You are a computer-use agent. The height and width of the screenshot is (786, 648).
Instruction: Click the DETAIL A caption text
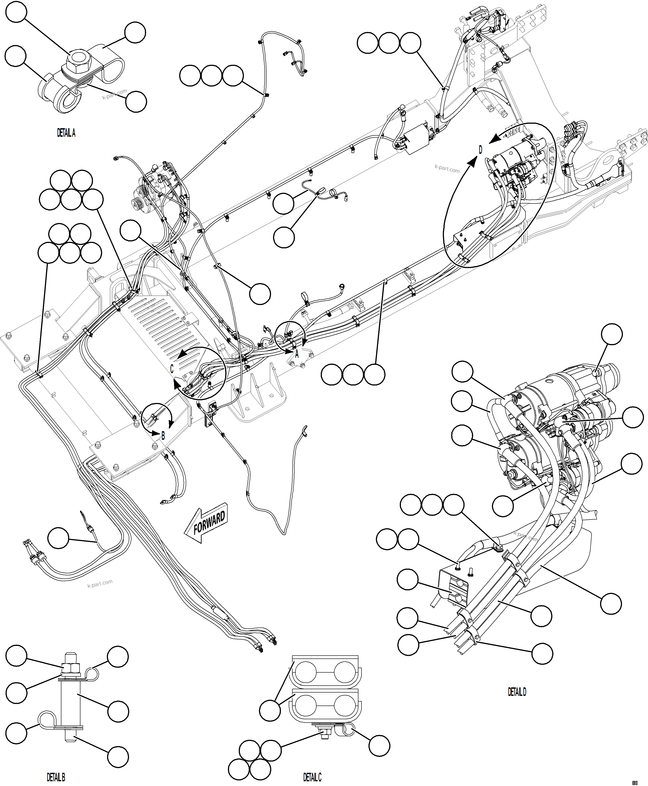[66, 133]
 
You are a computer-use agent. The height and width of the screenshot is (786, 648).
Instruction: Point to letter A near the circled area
[297, 354]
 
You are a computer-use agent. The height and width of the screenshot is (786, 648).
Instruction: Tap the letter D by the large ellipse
[480, 150]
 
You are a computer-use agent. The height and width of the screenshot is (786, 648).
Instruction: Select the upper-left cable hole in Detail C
[305, 673]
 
